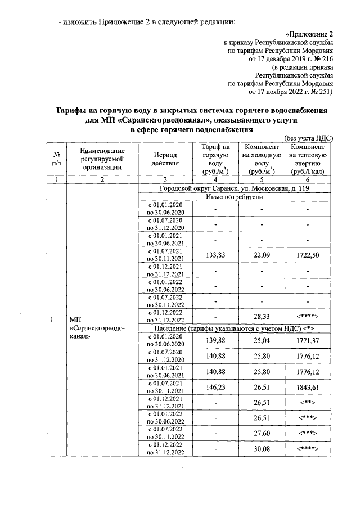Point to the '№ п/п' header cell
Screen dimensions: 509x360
[x=56, y=159]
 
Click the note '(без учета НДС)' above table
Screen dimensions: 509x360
[x=309, y=138]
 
